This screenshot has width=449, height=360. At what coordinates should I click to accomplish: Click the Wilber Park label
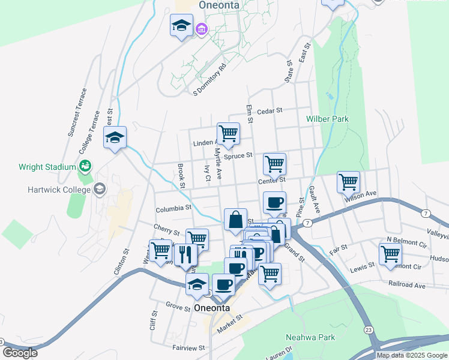[x=327, y=119]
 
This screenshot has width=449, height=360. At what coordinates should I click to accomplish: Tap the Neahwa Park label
[x=310, y=337]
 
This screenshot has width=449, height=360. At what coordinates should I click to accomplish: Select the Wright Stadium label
[x=47, y=167]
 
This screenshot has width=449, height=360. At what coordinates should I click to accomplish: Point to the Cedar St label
[x=269, y=111]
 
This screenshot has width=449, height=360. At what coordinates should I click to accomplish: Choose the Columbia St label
[x=173, y=209]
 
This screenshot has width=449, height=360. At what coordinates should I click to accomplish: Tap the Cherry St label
[x=166, y=230]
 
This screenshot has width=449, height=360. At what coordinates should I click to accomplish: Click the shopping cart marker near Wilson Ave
[x=348, y=181]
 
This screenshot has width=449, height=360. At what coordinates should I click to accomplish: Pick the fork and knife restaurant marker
[x=185, y=254]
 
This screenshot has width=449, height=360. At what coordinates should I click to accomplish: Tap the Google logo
[x=20, y=353]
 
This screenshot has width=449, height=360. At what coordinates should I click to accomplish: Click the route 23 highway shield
[x=368, y=330]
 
